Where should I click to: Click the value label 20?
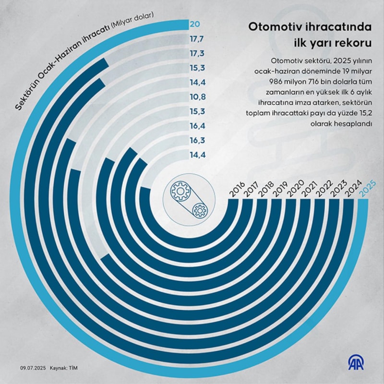[196, 24]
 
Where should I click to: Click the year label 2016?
[237, 190]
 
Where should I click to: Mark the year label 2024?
[352, 190]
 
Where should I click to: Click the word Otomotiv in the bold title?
[271, 27]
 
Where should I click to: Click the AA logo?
[353, 363]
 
